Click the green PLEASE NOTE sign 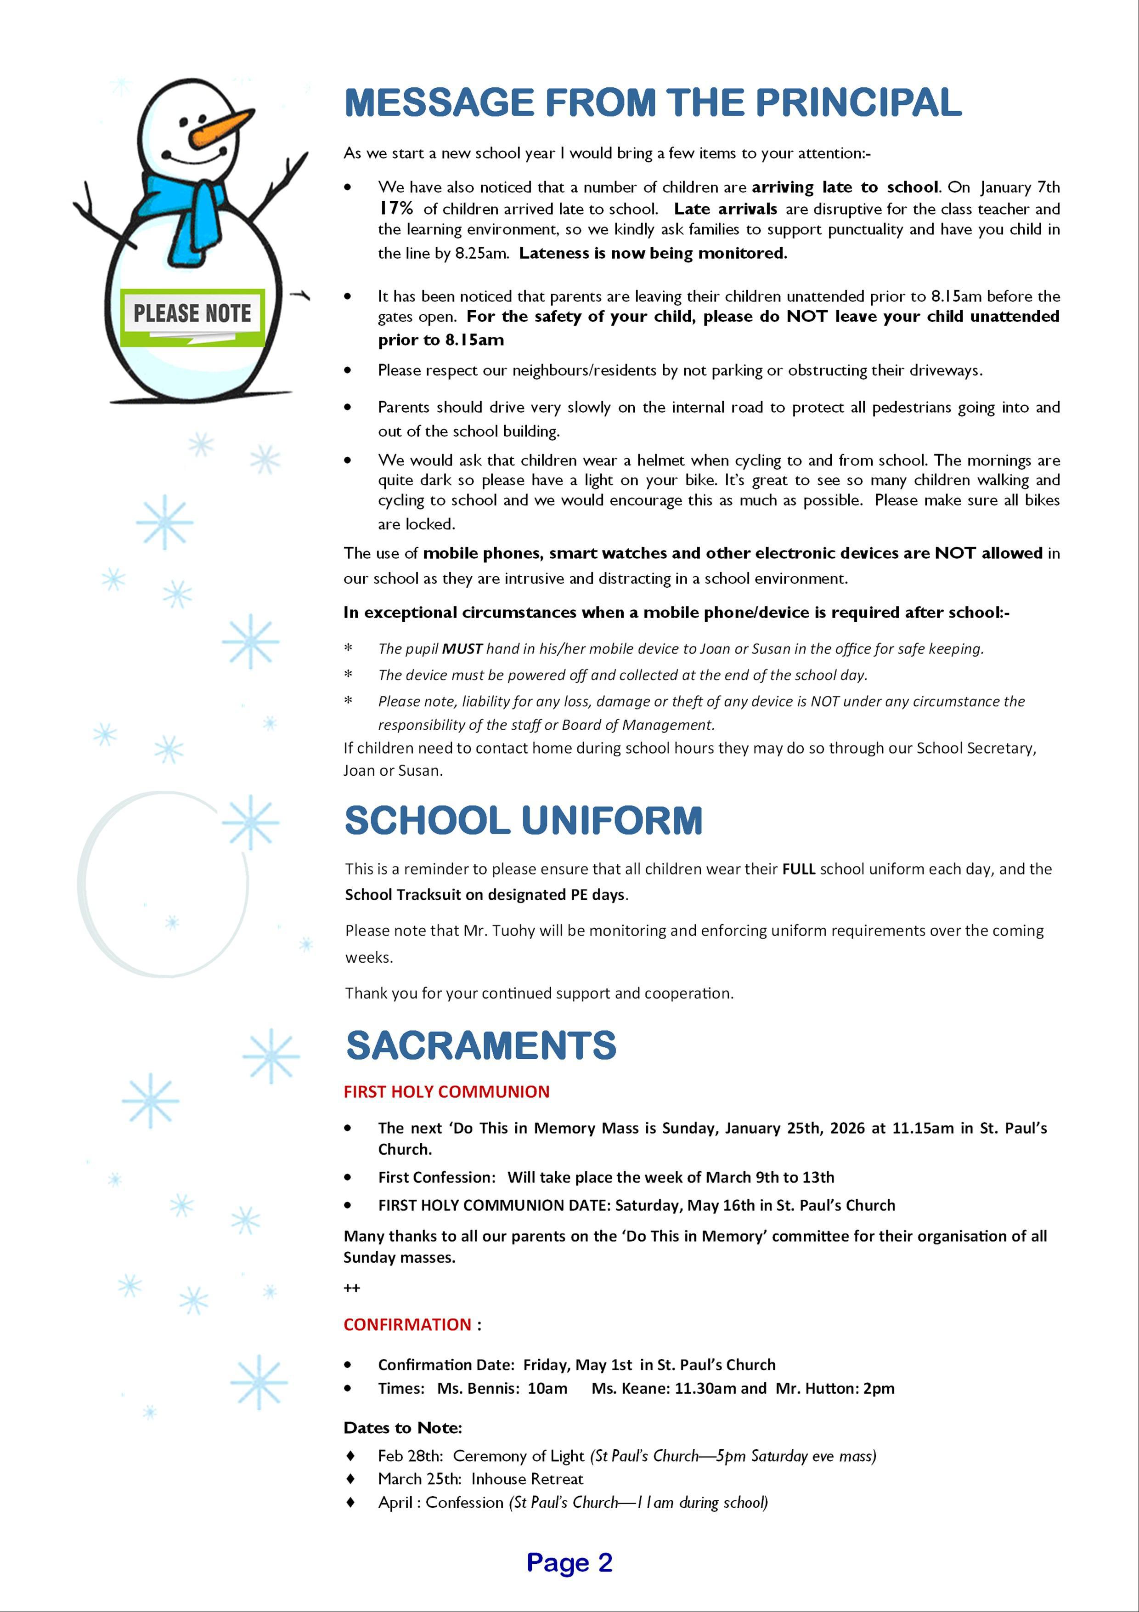[x=192, y=317]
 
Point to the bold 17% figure [x=396, y=209]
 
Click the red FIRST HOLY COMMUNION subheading [x=446, y=1092]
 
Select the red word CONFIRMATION [x=407, y=1324]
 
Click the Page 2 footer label [x=569, y=1562]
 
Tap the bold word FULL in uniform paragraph [x=799, y=869]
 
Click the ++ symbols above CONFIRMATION [x=352, y=1288]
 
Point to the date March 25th [x=419, y=1479]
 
